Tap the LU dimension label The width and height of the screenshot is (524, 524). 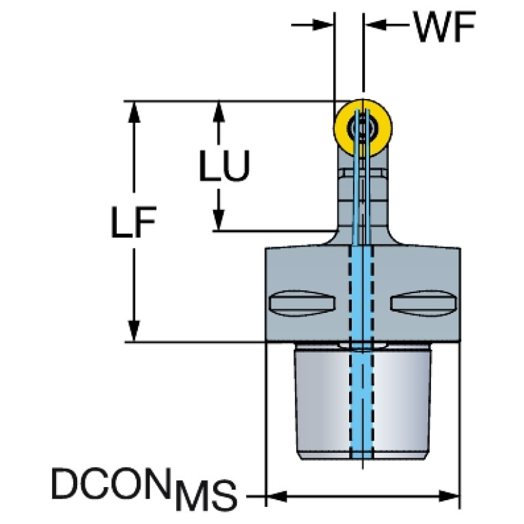coord(223,166)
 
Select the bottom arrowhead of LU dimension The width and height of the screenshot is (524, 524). coord(219,220)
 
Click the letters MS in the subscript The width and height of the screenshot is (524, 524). coord(204,497)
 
